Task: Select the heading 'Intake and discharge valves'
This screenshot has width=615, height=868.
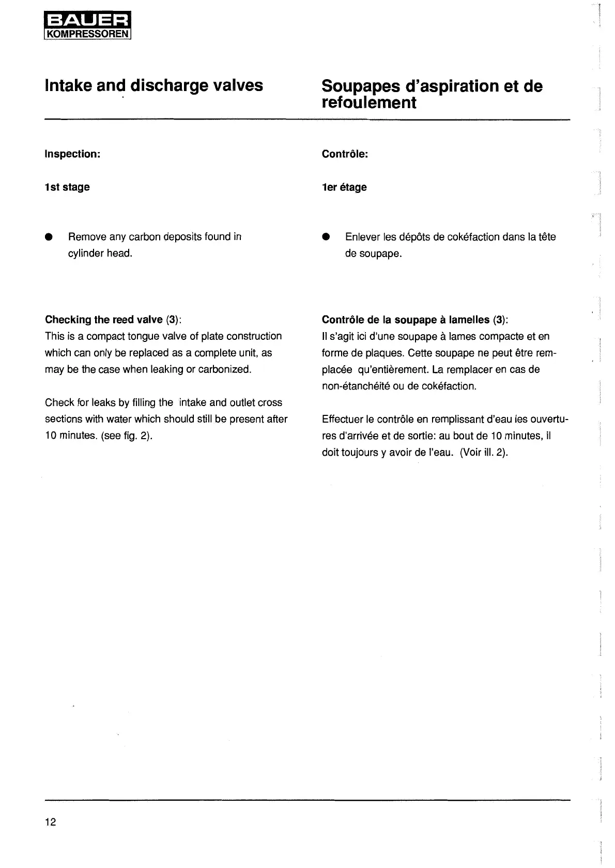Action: [x=154, y=85]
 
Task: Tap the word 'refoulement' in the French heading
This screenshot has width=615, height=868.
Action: [x=368, y=102]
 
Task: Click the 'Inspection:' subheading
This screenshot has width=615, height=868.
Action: [x=72, y=154]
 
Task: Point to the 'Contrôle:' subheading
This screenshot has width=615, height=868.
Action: [x=345, y=154]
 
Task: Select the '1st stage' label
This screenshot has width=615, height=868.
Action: [x=67, y=187]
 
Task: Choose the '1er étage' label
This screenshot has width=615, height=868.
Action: [x=344, y=187]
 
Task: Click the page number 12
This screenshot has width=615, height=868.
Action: [x=50, y=822]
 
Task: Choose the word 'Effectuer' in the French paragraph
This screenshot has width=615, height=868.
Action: [x=342, y=419]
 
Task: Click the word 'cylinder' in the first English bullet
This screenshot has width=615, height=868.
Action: [x=86, y=253]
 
